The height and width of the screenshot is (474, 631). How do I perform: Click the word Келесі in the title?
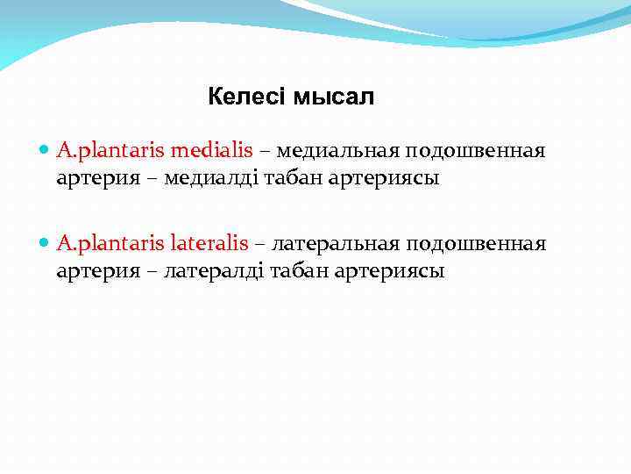(246, 97)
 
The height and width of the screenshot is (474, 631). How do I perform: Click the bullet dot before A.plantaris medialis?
(46, 151)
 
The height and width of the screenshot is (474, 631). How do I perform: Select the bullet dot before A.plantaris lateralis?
(46, 243)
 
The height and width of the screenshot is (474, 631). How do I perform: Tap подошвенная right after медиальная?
(475, 151)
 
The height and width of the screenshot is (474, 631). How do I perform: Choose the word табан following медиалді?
(278, 179)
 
